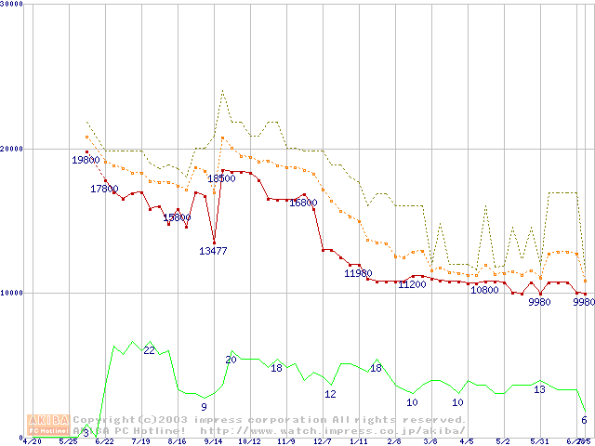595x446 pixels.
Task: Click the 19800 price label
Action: coord(86,160)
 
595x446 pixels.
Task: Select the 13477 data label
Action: coord(213,251)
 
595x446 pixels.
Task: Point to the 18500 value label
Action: coord(221,178)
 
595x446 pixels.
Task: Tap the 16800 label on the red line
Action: coord(303,203)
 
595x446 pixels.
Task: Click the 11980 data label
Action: coord(358,273)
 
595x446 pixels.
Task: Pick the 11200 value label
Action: coord(412,284)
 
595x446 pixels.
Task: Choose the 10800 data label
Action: coord(484,290)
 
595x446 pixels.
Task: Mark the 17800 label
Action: coord(104,189)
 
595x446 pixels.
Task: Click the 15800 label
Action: coord(177,217)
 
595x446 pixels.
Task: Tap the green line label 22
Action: coord(149,350)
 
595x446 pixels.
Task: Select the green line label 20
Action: coord(231,360)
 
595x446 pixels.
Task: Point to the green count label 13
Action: coord(539,389)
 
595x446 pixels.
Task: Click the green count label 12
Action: coord(330,394)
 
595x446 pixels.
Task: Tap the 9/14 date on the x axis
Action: coord(213,441)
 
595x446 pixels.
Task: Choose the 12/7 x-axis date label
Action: coord(322,441)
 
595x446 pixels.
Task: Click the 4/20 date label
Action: coord(32,441)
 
